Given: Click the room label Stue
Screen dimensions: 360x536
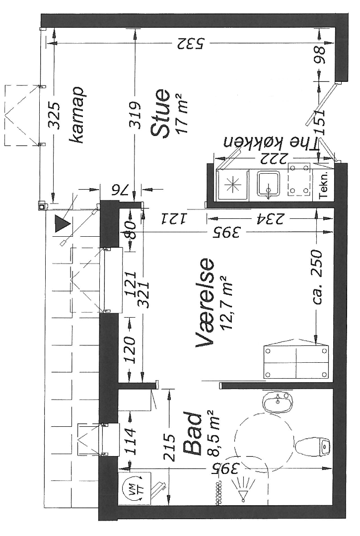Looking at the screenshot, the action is click(161, 114).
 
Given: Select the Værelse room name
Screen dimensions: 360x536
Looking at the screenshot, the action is click(205, 302).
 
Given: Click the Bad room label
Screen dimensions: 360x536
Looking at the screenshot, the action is click(193, 434).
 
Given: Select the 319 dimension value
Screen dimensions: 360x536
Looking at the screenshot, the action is click(136, 115).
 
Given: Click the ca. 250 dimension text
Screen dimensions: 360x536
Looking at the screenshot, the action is click(316, 277).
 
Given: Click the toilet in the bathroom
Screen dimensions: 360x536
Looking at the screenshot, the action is click(312, 447).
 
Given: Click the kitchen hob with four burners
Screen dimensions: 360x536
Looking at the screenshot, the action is click(299, 180).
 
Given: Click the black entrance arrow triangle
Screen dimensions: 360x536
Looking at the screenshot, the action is click(62, 224).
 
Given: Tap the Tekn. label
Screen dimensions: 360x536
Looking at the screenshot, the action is click(323, 185).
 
